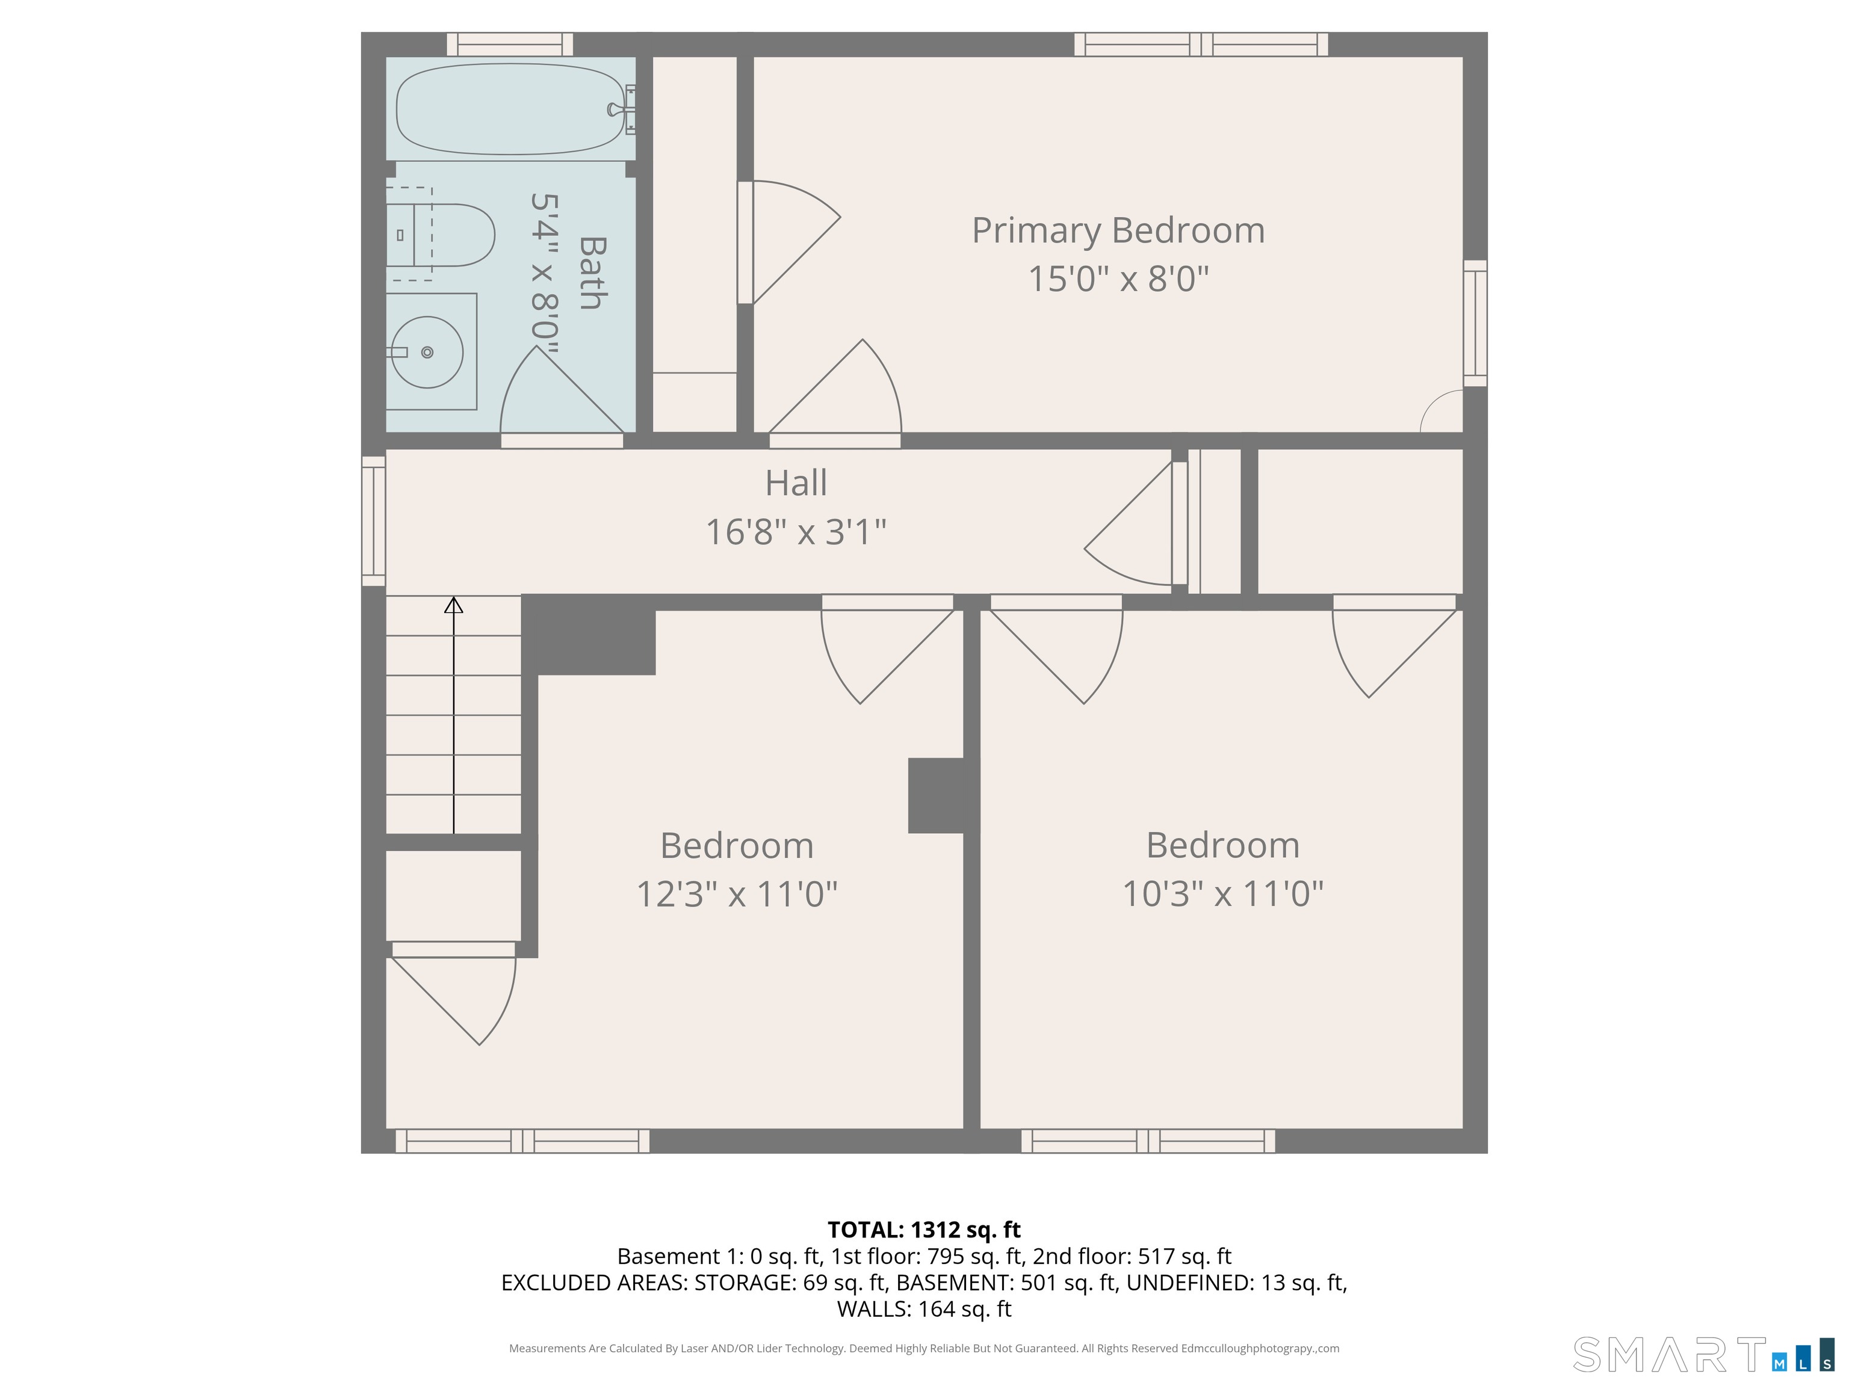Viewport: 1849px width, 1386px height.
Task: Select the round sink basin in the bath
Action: click(x=427, y=352)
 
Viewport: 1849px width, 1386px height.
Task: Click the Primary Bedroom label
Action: click(x=1118, y=230)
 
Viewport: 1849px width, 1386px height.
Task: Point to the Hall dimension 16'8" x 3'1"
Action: click(x=796, y=531)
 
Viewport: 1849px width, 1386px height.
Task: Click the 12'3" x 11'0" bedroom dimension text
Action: click(x=737, y=894)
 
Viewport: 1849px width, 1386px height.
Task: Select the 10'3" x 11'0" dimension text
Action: click(x=1222, y=894)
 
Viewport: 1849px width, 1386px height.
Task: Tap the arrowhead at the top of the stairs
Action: click(x=454, y=605)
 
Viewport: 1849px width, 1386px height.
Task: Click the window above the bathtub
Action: click(x=510, y=45)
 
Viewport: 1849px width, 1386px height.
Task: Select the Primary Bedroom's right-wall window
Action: click(x=1475, y=323)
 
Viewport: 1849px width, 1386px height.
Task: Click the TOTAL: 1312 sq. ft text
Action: click(x=924, y=1230)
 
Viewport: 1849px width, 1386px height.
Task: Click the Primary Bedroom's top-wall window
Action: click(x=1201, y=45)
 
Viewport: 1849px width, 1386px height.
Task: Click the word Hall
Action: click(x=796, y=483)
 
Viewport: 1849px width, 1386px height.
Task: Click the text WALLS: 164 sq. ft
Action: click(x=924, y=1309)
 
